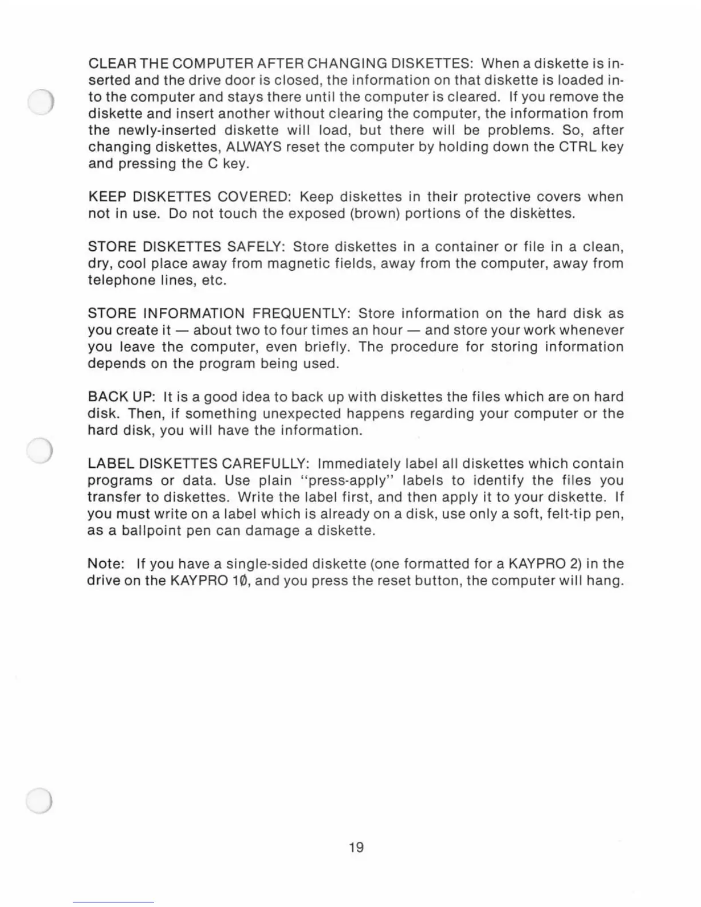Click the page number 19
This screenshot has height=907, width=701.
click(356, 847)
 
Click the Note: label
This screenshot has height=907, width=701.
click(103, 564)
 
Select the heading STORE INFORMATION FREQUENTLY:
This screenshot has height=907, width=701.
click(219, 314)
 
